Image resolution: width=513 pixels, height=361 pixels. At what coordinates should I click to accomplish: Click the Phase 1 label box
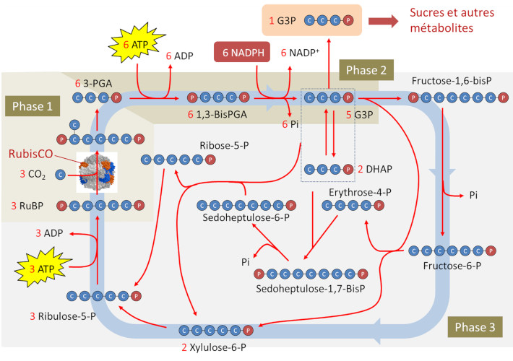pyautogui.click(x=33, y=106)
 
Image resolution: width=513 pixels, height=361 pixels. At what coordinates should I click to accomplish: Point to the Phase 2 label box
pyautogui.click(x=366, y=71)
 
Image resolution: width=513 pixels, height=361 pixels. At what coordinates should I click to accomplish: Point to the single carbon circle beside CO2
pyautogui.click(x=61, y=174)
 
